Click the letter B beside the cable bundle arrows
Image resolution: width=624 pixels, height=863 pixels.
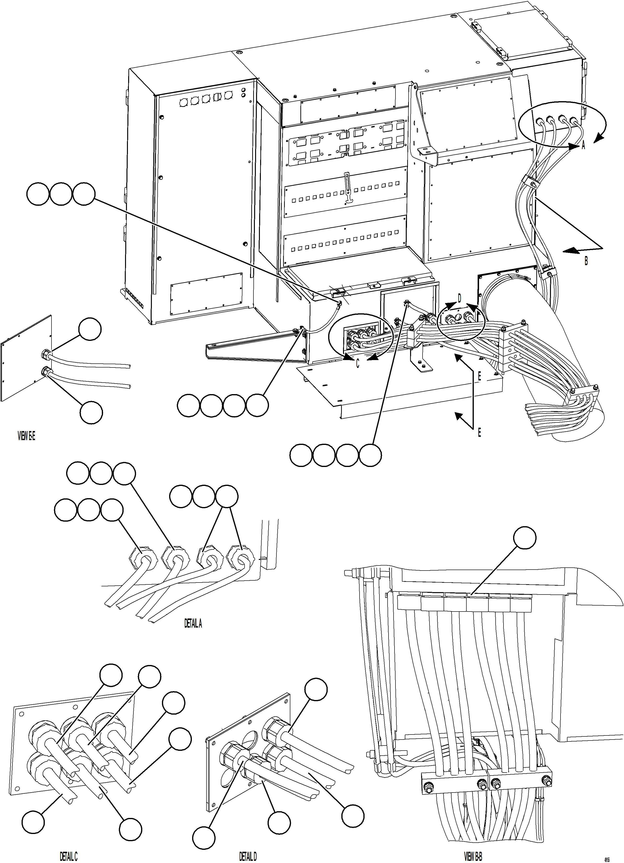pos(586,261)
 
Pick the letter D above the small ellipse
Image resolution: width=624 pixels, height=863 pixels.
pos(459,298)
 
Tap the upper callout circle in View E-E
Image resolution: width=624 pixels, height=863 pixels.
pos(90,330)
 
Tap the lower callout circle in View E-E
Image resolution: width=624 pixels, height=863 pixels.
pos(91,413)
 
